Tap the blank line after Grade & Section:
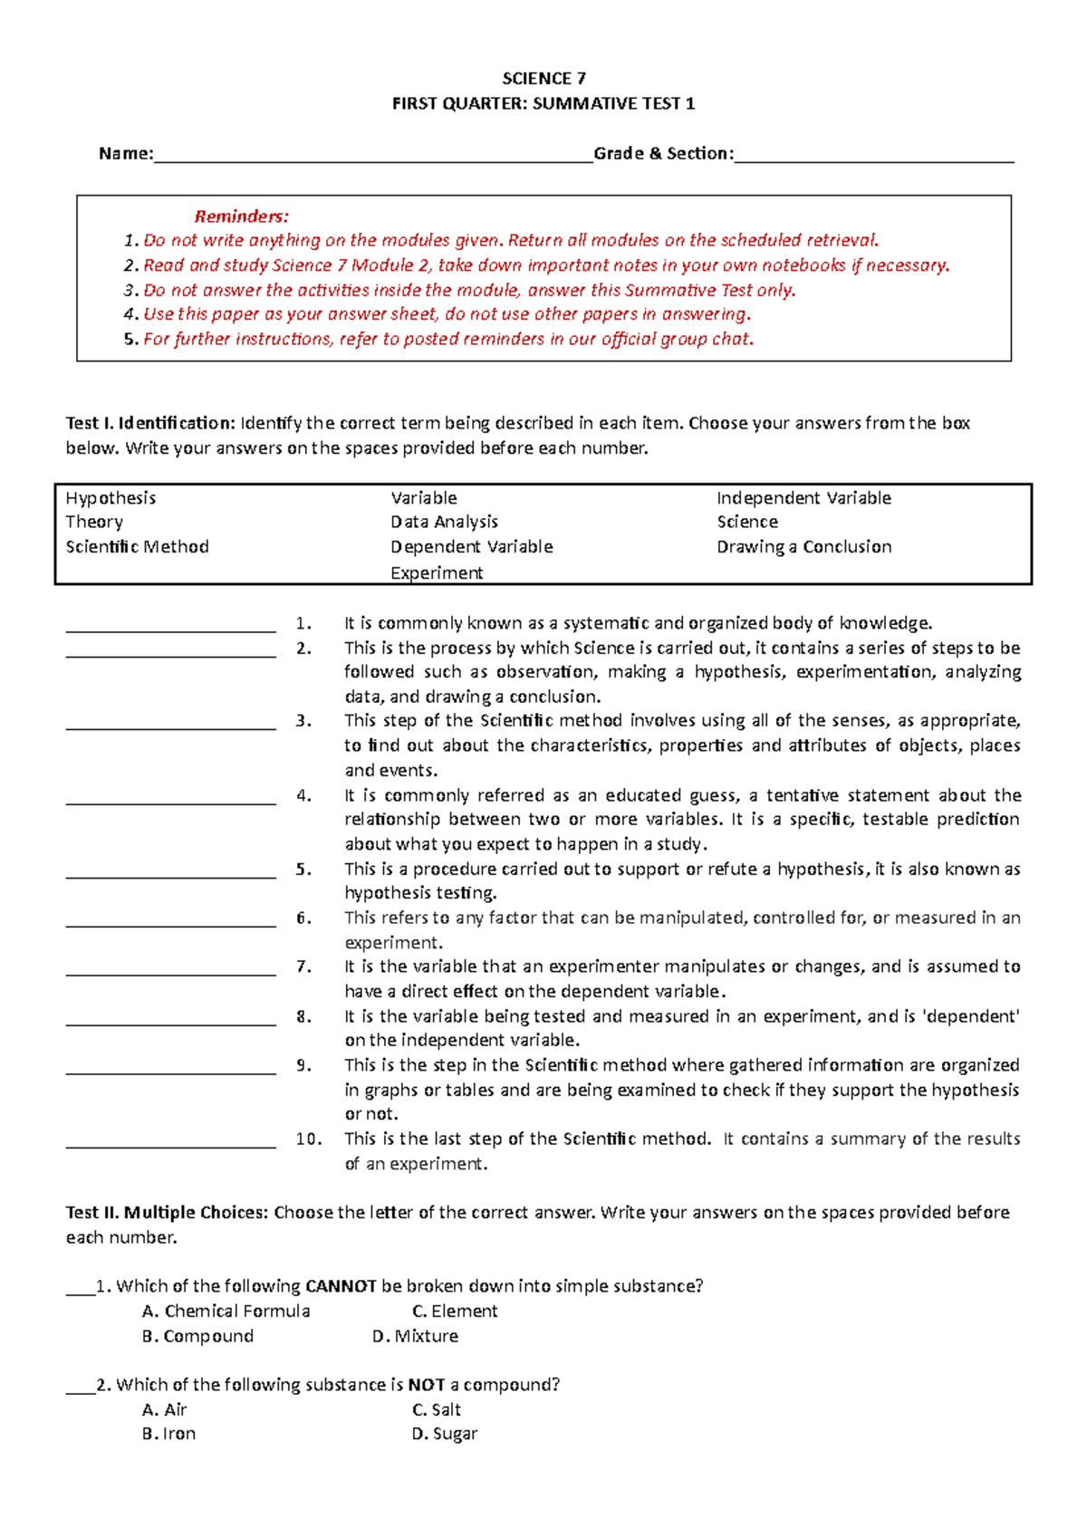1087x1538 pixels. click(873, 159)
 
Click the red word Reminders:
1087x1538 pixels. click(242, 216)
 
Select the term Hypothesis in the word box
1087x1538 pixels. click(111, 498)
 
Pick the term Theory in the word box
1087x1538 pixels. click(94, 522)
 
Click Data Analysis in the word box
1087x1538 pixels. click(444, 522)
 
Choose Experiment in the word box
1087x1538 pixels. click(437, 573)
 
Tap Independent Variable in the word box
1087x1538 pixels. click(803, 498)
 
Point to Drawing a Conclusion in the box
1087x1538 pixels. click(803, 547)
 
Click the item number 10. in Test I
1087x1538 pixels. click(308, 1139)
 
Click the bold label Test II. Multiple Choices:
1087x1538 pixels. click(167, 1213)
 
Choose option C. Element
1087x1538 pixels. click(455, 1312)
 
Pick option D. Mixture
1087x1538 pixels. click(415, 1336)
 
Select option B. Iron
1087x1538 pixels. click(169, 1434)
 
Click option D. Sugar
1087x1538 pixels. click(444, 1434)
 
